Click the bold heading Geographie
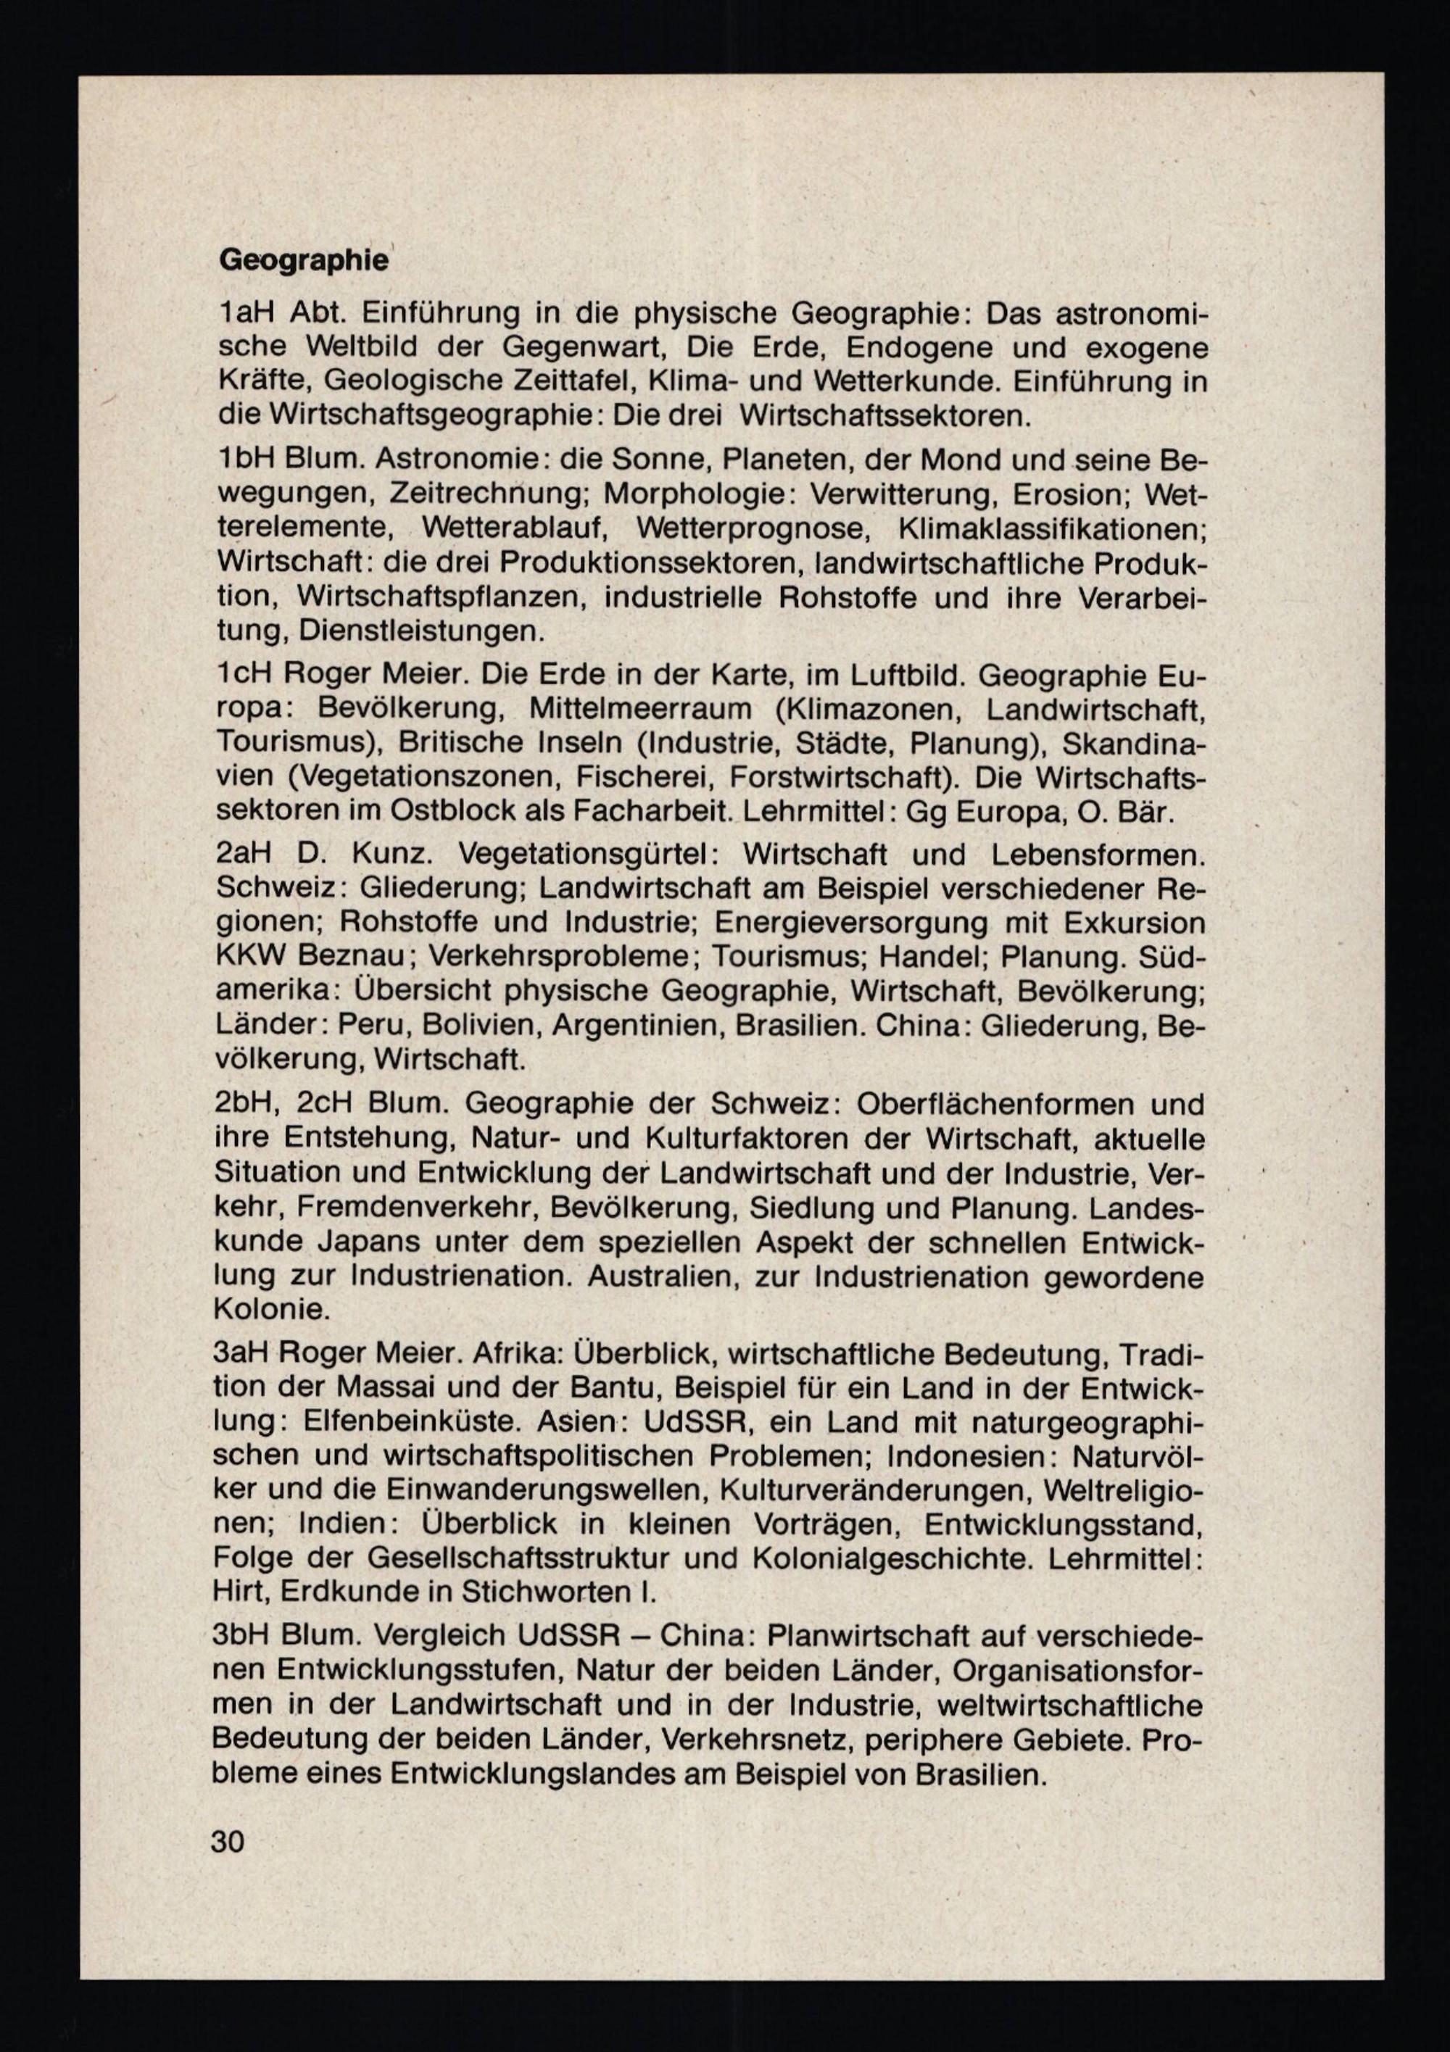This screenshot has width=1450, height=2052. point(303,261)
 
